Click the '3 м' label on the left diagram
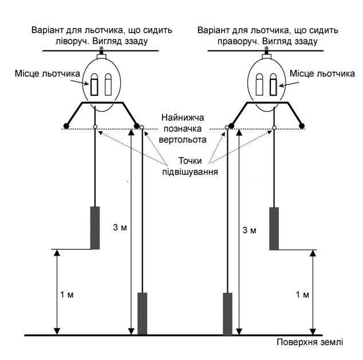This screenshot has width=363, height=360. click(120, 228)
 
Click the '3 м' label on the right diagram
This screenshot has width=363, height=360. click(249, 230)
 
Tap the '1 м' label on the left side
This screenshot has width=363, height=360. click(66, 295)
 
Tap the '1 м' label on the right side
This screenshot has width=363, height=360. click(302, 295)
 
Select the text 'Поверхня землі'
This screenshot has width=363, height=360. click(310, 342)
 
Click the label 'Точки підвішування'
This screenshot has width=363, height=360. click(190, 166)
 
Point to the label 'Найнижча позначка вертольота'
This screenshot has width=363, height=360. click(183, 128)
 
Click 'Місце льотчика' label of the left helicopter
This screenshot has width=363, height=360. click(47, 73)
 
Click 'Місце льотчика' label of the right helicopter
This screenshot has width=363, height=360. click(322, 73)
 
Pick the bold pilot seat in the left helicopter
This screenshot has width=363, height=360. click(94, 87)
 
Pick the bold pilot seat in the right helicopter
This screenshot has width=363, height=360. click(273, 87)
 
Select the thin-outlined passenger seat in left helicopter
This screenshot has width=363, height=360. click(108, 87)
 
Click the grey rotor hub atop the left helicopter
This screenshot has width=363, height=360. click(101, 49)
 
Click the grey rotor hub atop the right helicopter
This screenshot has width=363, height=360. click(266, 48)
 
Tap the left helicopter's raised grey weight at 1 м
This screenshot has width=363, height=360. click(95, 228)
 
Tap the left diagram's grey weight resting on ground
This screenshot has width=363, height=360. click(143, 314)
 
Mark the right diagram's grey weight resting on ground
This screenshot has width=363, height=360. click(227, 314)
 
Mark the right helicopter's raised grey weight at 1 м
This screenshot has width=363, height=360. click(274, 229)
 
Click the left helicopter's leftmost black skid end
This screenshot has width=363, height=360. click(66, 126)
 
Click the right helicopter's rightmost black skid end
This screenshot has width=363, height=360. click(302, 126)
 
